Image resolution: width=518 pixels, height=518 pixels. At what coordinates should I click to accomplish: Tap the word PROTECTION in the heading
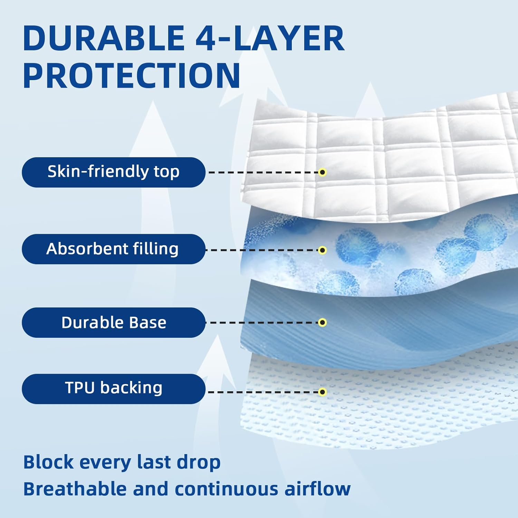132,76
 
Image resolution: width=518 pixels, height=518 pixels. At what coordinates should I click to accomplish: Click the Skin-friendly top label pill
114,172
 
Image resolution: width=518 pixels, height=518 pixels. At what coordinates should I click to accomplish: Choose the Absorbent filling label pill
114,249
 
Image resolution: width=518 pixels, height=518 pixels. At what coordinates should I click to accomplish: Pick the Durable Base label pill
114,323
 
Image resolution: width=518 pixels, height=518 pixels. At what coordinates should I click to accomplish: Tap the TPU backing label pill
114,389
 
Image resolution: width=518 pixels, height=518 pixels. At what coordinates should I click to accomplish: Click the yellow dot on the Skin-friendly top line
322,172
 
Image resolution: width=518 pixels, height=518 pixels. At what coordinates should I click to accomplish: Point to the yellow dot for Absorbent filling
322,250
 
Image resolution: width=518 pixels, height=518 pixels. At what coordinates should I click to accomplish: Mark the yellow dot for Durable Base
322,323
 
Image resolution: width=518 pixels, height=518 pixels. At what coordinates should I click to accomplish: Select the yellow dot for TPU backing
322,392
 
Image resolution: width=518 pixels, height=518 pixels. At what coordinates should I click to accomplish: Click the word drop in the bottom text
199,462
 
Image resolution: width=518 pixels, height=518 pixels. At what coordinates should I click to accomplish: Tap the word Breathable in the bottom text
75,489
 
